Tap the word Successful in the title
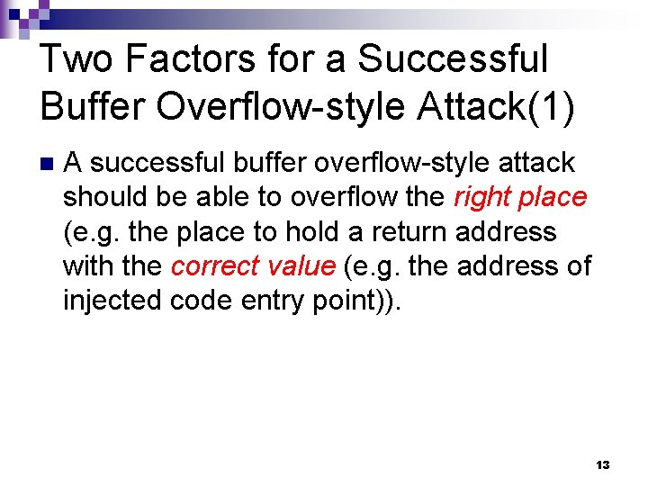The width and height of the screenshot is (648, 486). tap(453, 59)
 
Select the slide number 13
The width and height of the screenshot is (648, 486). tap(602, 464)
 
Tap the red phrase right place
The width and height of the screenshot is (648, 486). tap(520, 197)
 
